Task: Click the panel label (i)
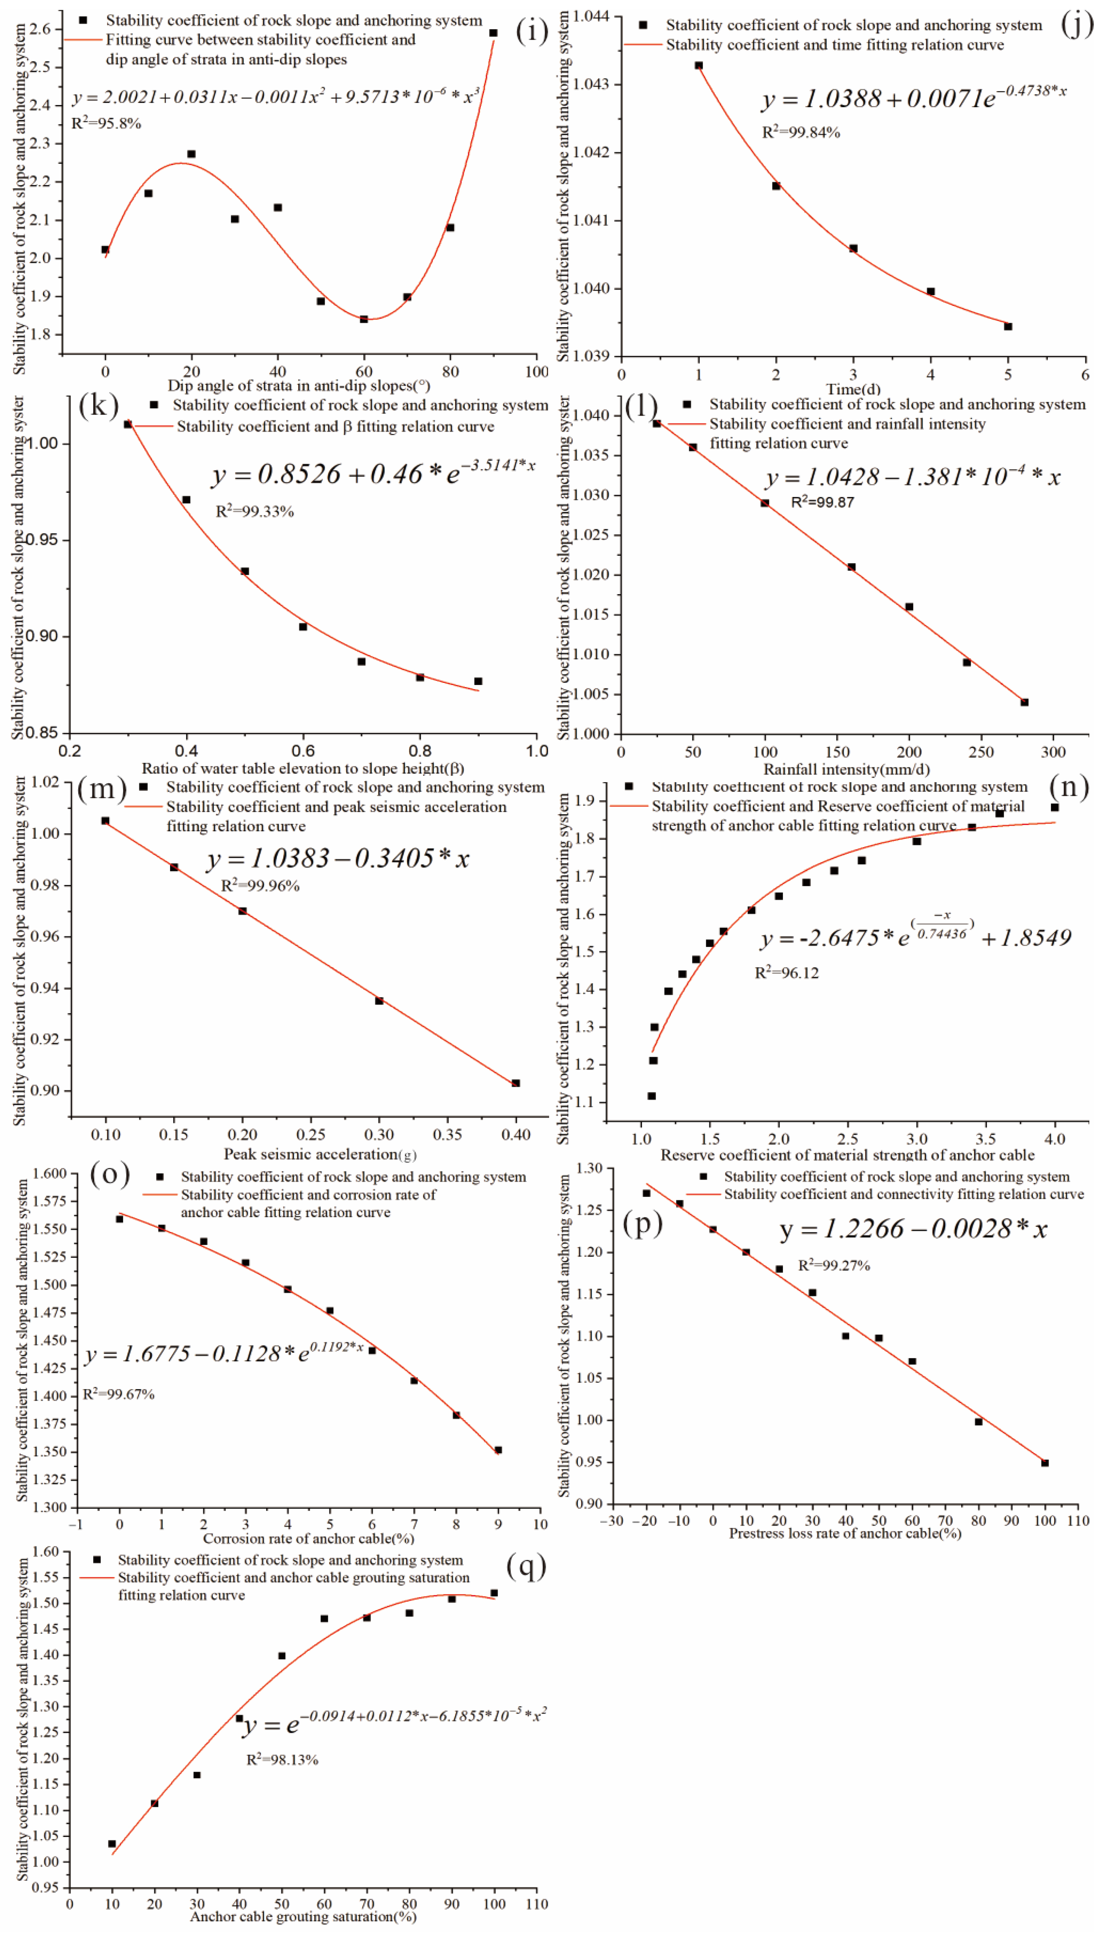click(531, 31)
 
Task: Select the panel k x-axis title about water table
click(303, 769)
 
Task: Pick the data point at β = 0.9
click(478, 681)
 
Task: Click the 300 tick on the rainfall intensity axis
click(1053, 752)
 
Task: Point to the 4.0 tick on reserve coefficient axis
click(1054, 1139)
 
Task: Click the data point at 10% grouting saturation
click(113, 1844)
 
